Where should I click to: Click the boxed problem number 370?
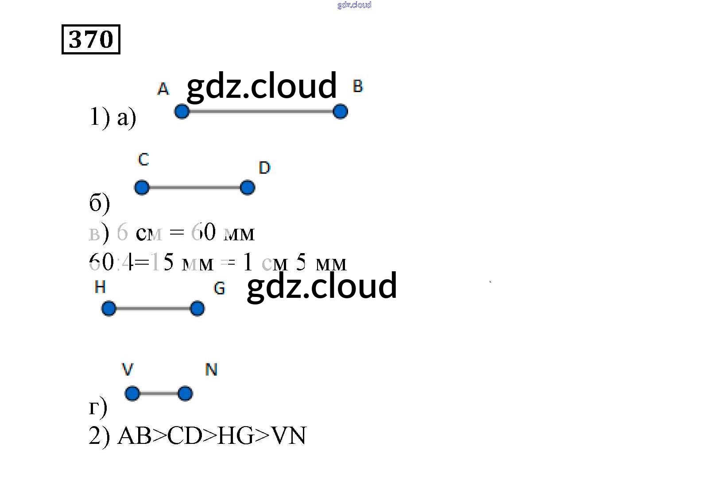point(91,39)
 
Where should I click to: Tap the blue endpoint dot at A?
point(182,112)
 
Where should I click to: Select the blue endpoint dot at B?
point(340,112)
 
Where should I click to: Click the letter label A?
point(163,89)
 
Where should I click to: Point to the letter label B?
point(358,86)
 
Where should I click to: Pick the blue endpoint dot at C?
point(142,188)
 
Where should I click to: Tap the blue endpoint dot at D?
point(248,188)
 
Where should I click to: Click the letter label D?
point(264,168)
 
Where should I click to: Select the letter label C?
point(143,159)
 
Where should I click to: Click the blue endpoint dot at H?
point(108,308)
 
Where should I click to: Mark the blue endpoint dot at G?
point(197,308)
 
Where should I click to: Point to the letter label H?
point(100,288)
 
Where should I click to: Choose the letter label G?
point(219,289)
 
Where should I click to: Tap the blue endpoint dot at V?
point(132,393)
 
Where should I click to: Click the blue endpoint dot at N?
point(185,393)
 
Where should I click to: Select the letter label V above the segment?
point(128,370)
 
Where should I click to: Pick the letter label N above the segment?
point(211,370)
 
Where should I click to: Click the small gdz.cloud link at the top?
point(354,5)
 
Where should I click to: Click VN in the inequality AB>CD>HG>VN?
point(289,436)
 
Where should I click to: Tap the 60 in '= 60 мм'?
point(203,232)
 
